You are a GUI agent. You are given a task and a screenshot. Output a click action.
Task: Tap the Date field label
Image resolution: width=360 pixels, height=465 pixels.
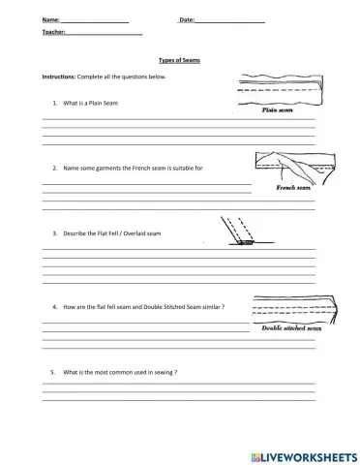pyautogui.click(x=187, y=19)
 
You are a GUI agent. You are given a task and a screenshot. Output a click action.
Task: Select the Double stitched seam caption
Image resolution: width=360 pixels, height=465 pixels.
pyautogui.click(x=290, y=328)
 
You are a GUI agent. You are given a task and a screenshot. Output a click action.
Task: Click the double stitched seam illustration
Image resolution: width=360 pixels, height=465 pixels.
pyautogui.click(x=290, y=309)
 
